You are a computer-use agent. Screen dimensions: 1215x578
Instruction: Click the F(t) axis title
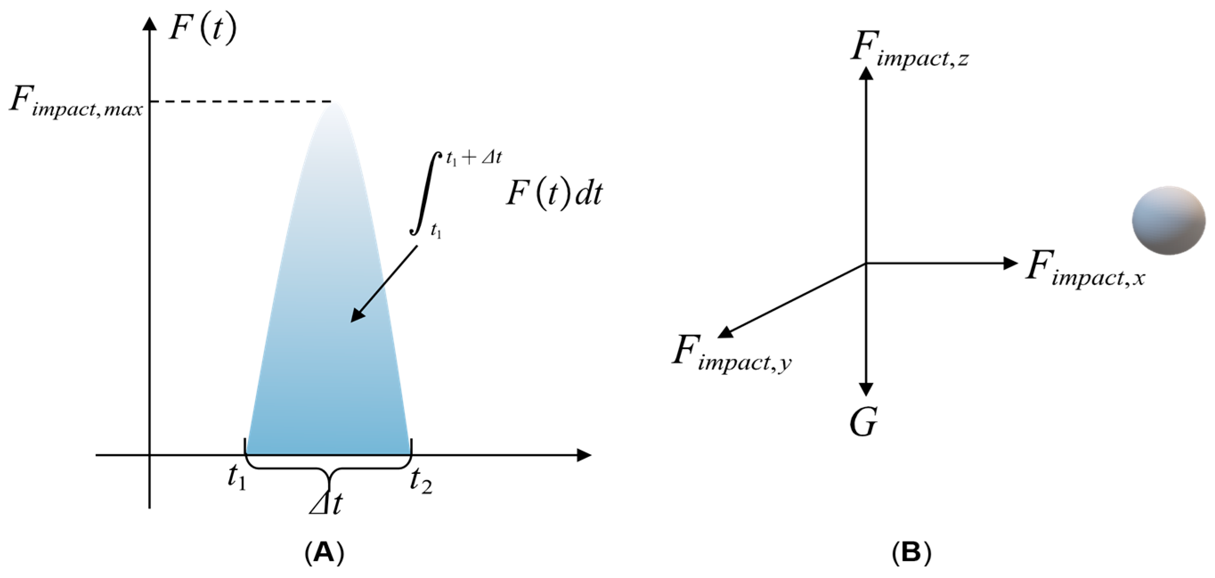point(203,30)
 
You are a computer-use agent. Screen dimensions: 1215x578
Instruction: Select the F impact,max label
point(76,102)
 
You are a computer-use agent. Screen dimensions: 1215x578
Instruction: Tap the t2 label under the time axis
point(421,481)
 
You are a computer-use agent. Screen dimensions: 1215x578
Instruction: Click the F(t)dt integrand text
point(554,193)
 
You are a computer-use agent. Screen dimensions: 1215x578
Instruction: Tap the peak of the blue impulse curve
point(334,103)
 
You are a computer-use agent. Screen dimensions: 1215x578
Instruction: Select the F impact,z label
point(910,50)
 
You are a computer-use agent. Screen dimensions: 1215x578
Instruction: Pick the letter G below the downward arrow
point(864,422)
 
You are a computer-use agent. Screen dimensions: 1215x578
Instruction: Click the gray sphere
point(1168,220)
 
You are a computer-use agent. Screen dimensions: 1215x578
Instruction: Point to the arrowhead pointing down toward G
point(866,388)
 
